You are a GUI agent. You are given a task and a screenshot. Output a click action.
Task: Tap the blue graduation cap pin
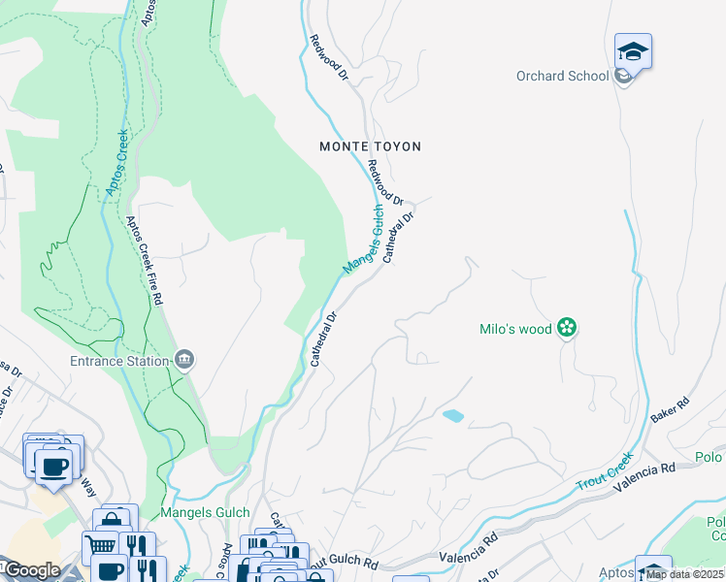point(633,51)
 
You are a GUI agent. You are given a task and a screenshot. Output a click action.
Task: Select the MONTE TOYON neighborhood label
point(371,146)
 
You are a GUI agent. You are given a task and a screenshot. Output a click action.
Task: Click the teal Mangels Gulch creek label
point(363,239)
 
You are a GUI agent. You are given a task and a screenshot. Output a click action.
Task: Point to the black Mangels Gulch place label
point(207,512)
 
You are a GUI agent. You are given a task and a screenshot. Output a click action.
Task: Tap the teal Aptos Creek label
point(115,165)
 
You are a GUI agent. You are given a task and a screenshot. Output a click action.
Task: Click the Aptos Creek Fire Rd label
point(144,260)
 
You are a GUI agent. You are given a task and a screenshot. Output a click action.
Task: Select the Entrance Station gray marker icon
point(184,361)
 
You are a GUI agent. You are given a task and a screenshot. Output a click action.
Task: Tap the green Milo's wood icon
point(567,329)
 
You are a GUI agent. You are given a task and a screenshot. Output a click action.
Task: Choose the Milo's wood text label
point(515,329)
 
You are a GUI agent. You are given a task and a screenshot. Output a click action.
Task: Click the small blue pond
point(452,416)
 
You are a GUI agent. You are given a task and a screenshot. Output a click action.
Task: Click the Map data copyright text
point(685,574)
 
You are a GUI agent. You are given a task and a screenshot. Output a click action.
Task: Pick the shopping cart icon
point(99,544)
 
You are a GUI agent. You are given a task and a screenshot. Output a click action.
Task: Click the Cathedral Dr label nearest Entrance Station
point(323,339)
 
